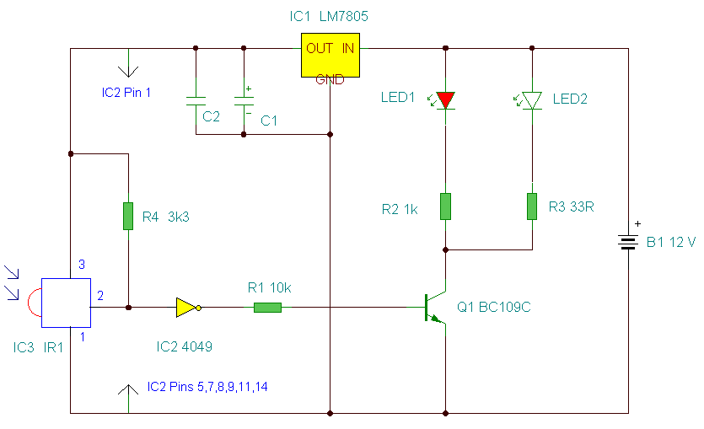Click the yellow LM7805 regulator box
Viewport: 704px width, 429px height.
click(331, 55)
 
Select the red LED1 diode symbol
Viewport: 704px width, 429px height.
click(445, 100)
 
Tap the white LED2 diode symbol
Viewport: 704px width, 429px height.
click(532, 100)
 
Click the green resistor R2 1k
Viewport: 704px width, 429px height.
click(445, 206)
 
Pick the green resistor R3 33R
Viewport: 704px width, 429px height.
click(532, 206)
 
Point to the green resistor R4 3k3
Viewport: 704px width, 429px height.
click(128, 216)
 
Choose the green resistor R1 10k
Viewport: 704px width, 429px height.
click(267, 308)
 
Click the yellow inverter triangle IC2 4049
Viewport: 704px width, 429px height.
click(185, 308)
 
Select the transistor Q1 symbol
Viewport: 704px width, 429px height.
click(435, 308)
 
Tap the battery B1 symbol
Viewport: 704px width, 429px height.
click(628, 243)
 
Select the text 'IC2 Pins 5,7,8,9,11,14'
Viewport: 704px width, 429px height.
click(207, 387)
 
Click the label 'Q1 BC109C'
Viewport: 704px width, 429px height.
click(494, 307)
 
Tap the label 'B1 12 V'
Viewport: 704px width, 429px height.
click(671, 243)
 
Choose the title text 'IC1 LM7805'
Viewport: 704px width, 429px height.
click(329, 17)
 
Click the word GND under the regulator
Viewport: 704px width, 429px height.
click(330, 80)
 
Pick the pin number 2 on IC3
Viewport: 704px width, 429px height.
click(100, 296)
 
